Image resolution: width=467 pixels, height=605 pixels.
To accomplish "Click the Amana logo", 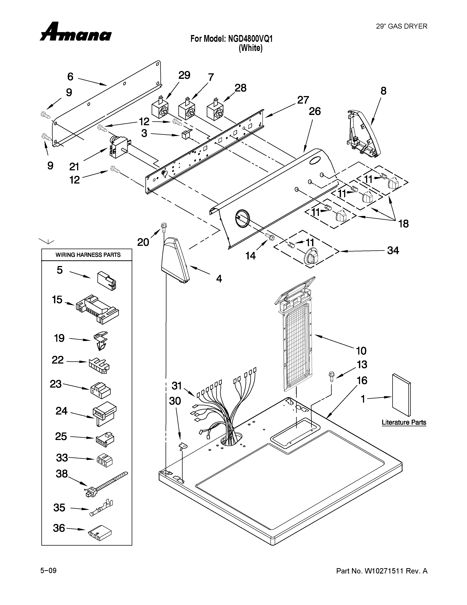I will pyautogui.click(x=75, y=33).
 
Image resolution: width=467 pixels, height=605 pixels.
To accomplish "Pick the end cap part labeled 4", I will pyautogui.click(x=175, y=260).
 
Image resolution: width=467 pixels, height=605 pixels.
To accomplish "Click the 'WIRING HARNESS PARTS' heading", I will pyautogui.click(x=88, y=255).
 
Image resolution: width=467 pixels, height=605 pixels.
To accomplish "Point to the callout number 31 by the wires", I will pyautogui.click(x=177, y=385).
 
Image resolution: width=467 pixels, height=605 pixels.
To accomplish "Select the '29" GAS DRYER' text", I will pyautogui.click(x=401, y=26).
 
